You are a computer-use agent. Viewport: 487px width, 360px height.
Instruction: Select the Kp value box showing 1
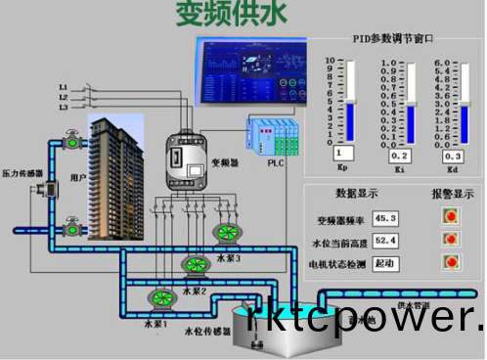342,154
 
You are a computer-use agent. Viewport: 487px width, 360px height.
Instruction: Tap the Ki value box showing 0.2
399,156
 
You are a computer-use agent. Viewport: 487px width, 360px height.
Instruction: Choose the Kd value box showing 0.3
452,156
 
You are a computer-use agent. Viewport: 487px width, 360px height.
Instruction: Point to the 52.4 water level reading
385,240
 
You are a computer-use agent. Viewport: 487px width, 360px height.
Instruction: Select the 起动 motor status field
385,263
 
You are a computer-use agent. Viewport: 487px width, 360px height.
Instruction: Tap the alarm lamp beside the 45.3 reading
451,216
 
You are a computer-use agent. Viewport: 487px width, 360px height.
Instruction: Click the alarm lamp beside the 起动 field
451,262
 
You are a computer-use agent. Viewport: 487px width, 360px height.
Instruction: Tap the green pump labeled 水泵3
228,232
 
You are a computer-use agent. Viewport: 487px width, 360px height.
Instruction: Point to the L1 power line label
64,86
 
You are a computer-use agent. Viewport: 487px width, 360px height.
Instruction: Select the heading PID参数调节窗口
393,39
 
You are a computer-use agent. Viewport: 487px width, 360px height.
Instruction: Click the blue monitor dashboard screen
250,73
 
